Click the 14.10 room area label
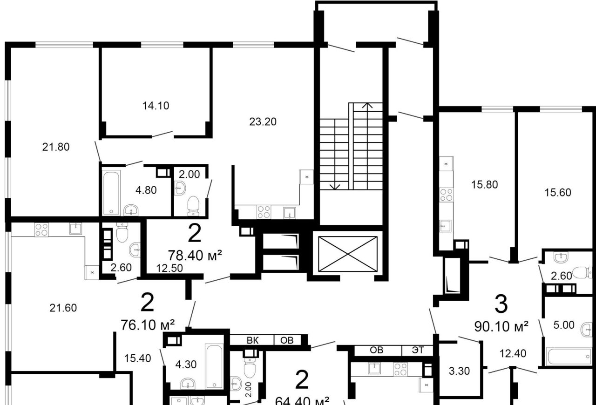click(x=156, y=106)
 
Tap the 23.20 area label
click(x=263, y=122)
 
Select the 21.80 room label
click(x=56, y=147)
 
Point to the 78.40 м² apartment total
click(x=195, y=256)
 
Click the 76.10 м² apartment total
click(x=148, y=325)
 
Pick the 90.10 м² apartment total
click(x=501, y=326)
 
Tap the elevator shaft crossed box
click(x=348, y=254)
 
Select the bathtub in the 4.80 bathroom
click(x=111, y=193)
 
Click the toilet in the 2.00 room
click(x=193, y=206)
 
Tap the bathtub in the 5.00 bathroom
click(x=569, y=356)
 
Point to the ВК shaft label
click(x=252, y=340)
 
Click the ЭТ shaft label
click(x=418, y=350)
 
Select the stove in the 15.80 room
click(x=446, y=195)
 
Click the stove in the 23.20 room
click(x=264, y=212)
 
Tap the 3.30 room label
click(x=459, y=371)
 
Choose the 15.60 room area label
click(x=558, y=193)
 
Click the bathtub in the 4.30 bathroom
click(x=214, y=366)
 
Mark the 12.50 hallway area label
click(x=169, y=268)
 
